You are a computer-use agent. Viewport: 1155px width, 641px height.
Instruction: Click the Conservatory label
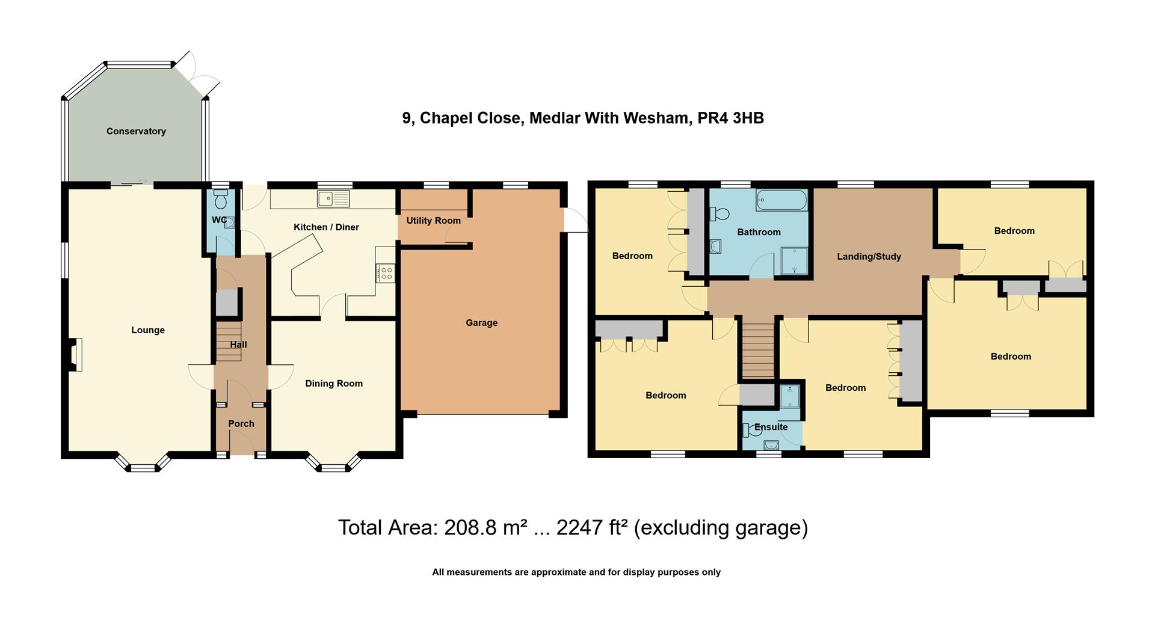(136, 131)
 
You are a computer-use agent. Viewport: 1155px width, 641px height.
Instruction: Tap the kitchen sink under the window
(333, 198)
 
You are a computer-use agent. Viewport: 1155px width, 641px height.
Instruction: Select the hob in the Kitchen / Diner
(385, 274)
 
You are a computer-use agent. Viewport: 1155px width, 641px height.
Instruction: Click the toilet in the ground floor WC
(220, 198)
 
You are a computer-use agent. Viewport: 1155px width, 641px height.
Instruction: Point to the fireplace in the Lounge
(75, 354)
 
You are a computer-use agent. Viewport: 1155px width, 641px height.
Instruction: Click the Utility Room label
(433, 221)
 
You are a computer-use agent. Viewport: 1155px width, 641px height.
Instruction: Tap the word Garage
(481, 323)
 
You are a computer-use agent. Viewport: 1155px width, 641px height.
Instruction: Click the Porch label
(241, 423)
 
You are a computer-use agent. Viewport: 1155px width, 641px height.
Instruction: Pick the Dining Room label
(334, 384)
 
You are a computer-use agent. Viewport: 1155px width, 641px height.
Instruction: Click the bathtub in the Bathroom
(781, 200)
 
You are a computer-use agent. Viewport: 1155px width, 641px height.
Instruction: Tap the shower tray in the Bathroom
(795, 261)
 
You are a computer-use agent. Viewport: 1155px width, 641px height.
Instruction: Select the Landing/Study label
(869, 257)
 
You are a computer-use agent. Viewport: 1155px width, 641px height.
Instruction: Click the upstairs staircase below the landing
(757, 350)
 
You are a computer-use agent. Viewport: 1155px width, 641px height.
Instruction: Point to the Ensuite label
(771, 427)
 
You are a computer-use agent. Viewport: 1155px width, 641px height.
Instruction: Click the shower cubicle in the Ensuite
(789, 396)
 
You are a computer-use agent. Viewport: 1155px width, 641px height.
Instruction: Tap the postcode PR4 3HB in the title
(730, 118)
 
